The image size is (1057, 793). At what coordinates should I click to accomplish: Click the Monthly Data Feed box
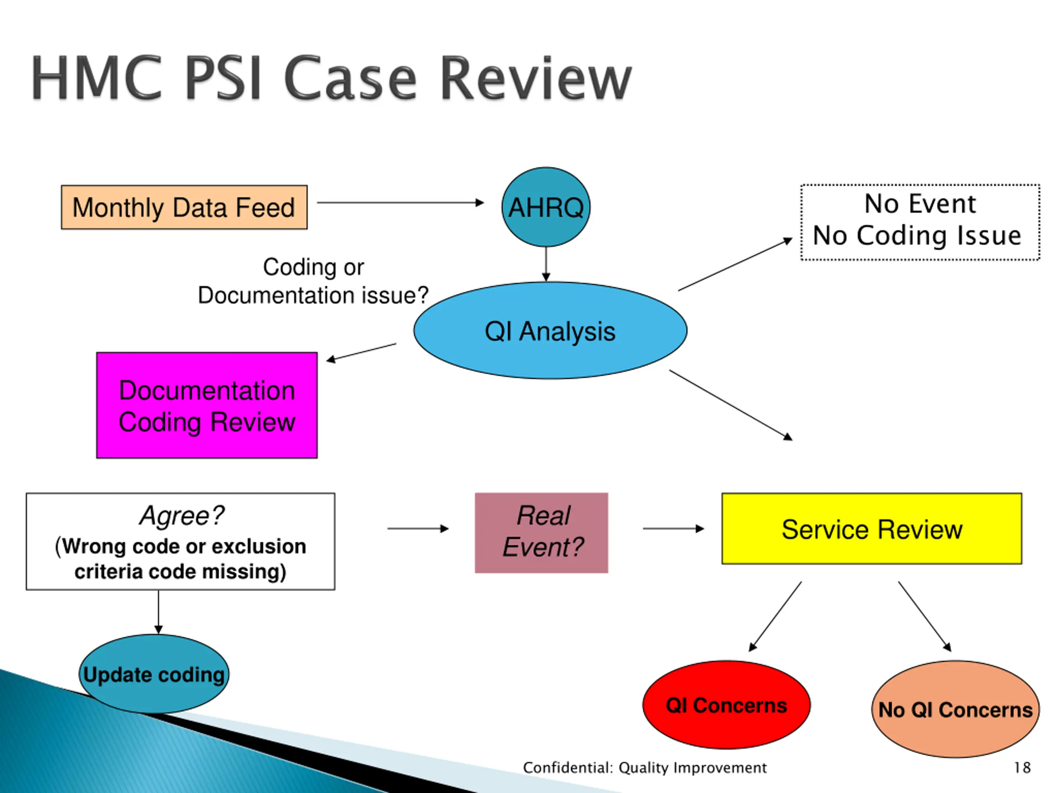click(184, 207)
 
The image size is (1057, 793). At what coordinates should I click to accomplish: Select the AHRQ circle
click(546, 207)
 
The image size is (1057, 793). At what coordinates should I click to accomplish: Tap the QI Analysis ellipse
click(550, 330)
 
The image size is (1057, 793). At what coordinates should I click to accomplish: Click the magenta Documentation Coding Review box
click(207, 405)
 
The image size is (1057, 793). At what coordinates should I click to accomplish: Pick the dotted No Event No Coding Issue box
click(920, 222)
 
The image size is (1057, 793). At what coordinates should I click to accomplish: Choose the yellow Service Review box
click(872, 529)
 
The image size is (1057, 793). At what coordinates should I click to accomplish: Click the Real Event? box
click(541, 532)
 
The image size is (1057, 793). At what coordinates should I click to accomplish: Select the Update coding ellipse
click(154, 674)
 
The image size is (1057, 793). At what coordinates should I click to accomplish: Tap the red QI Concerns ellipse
click(726, 705)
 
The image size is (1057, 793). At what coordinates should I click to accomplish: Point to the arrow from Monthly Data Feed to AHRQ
click(401, 203)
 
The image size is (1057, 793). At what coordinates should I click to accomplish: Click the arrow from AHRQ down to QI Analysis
click(546, 264)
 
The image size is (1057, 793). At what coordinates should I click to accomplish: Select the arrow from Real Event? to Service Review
click(674, 529)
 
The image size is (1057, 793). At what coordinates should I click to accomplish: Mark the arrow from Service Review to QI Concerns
click(775, 617)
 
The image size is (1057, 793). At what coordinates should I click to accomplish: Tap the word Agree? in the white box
click(182, 516)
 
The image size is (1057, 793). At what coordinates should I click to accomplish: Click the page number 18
click(1022, 768)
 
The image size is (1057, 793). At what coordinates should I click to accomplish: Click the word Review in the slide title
click(536, 78)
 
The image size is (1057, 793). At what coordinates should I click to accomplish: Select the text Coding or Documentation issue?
click(313, 281)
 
